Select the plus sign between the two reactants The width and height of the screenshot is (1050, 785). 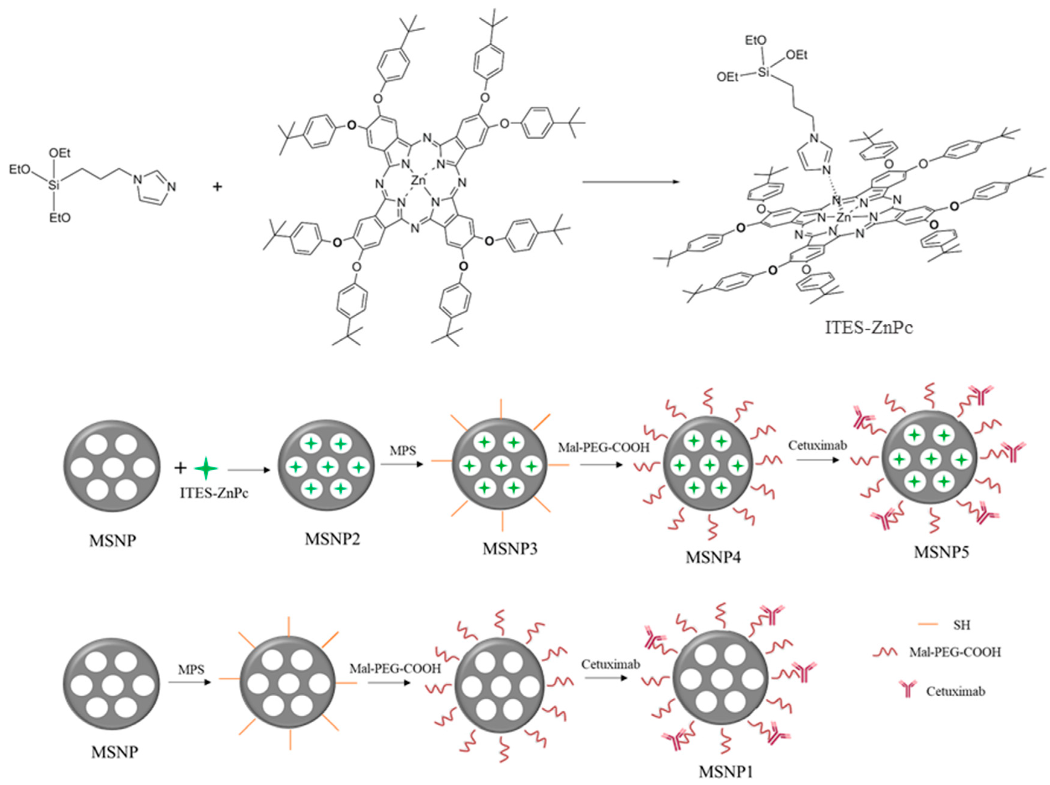[x=217, y=186]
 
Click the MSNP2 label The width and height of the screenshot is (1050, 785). [x=332, y=539]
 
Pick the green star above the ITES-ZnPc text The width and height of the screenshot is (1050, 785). [x=206, y=469]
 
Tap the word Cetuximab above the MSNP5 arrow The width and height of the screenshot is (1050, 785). [x=817, y=445]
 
